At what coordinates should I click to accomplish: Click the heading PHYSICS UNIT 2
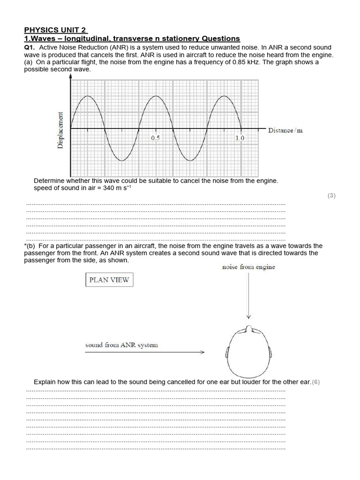pos(55,30)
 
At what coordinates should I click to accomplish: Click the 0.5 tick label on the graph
pos(156,138)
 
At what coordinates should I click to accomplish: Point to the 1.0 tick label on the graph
pos(240,138)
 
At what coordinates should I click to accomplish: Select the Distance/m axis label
pos(285,130)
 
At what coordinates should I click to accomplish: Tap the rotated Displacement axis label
pos(60,130)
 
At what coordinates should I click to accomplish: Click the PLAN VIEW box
pos(109,280)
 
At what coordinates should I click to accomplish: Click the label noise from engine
pos(248,267)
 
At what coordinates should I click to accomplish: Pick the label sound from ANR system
pos(121,345)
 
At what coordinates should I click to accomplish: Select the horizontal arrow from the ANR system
pos(145,352)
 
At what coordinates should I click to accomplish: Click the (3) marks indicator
pos(331,196)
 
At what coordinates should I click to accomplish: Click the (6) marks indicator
pos(316,382)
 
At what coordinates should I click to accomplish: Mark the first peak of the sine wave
pos(87,96)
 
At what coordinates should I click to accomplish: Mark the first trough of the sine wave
pos(121,161)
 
